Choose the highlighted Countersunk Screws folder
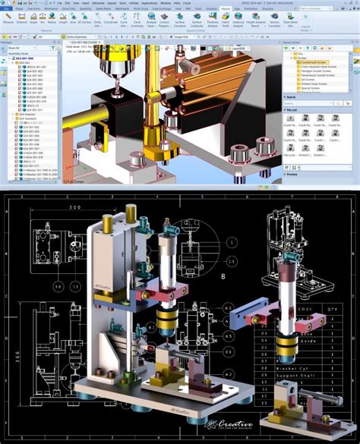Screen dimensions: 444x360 click(x=311, y=62)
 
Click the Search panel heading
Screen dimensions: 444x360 click(x=292, y=97)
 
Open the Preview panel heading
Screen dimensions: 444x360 click(x=293, y=174)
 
